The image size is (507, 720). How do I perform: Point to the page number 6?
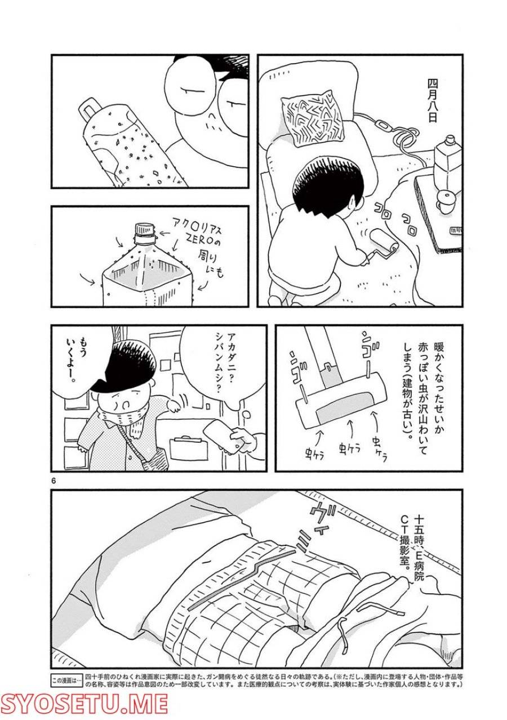54,481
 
